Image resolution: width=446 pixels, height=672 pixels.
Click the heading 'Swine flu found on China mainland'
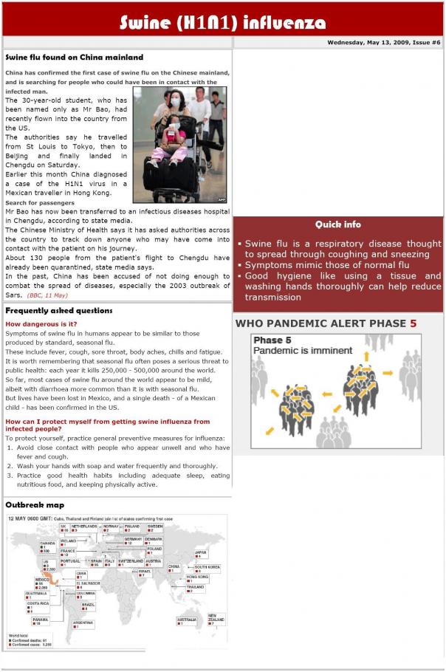[75, 57]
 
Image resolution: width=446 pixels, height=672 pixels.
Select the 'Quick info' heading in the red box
[338, 224]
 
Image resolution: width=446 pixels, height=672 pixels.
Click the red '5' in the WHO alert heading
[414, 323]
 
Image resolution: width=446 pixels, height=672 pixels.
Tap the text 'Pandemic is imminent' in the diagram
[303, 351]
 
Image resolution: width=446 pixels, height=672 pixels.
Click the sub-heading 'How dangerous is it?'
[41, 324]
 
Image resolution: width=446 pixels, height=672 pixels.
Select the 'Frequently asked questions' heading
[59, 311]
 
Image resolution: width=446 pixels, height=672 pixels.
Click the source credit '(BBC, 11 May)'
[47, 295]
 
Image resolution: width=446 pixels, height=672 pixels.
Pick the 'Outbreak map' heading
[35, 505]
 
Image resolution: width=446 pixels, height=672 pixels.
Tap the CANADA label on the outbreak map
[48, 543]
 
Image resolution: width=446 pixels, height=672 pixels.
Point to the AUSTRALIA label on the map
[187, 619]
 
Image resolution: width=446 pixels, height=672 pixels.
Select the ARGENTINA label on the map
[83, 623]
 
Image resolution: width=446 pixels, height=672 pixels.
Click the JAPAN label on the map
[200, 552]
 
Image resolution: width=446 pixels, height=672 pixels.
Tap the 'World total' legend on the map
[21, 634]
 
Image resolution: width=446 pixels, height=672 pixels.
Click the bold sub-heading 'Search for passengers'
[40, 202]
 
